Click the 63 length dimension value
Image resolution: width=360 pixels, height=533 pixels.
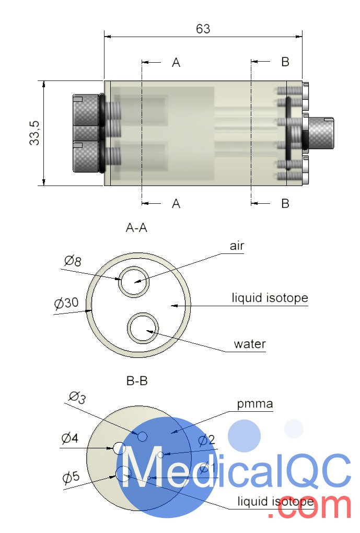pyautogui.click(x=203, y=29)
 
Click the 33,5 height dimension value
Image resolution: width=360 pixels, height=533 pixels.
pyautogui.click(x=35, y=133)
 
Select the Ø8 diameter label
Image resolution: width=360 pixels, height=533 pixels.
pyautogui.click(x=73, y=261)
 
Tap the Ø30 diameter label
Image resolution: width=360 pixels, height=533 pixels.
pyautogui.click(x=66, y=303)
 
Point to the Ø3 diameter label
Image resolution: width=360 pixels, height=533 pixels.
pyautogui.click(x=77, y=398)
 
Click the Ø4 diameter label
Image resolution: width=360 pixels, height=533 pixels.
pyautogui.click(x=69, y=438)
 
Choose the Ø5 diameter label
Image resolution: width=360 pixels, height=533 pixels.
pyautogui.click(x=71, y=477)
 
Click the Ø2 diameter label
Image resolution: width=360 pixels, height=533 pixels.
pyautogui.click(x=206, y=440)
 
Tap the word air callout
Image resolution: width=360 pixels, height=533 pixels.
pyautogui.click(x=237, y=246)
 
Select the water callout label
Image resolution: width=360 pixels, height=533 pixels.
pyautogui.click(x=250, y=344)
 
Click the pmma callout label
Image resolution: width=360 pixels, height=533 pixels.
pyautogui.click(x=255, y=403)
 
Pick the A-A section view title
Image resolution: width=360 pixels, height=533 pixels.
pyautogui.click(x=137, y=227)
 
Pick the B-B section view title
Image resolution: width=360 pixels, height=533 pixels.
pyautogui.click(x=137, y=381)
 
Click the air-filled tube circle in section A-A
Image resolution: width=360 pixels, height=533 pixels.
pyautogui.click(x=134, y=282)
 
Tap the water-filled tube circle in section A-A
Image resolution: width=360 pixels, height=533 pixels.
pyautogui.click(x=143, y=328)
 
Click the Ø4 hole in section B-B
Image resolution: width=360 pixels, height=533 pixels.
pyautogui.click(x=119, y=448)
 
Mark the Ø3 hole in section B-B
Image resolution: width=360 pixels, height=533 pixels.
pyautogui.click(x=142, y=436)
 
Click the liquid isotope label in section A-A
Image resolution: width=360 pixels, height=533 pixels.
pyautogui.click(x=270, y=298)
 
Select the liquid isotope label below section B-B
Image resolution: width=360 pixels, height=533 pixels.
pyautogui.click(x=275, y=502)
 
